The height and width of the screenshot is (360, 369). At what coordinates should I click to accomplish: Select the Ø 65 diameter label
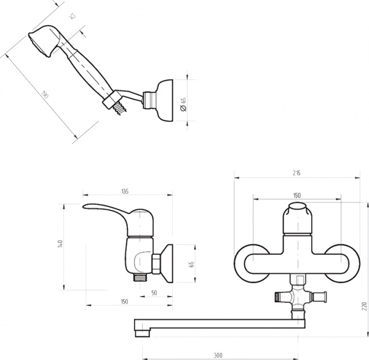pos(183,102)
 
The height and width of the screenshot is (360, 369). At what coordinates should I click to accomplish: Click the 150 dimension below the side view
pos(124,302)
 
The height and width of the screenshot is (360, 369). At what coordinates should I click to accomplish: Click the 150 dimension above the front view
pos(297,195)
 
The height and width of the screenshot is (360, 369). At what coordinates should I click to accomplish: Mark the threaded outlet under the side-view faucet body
pos(142,277)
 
